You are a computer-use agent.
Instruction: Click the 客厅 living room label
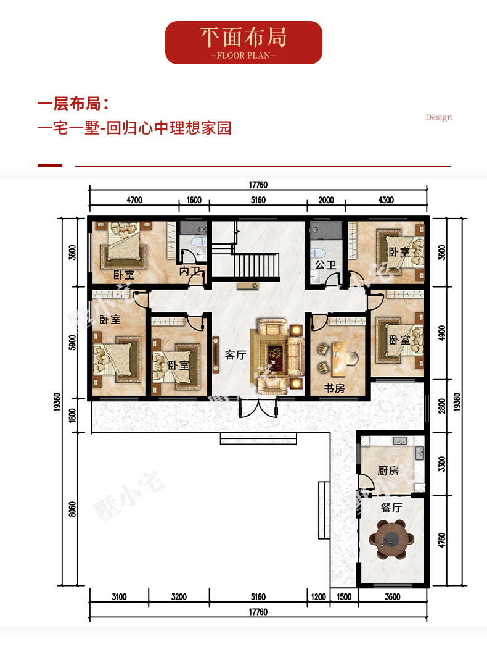tap(235, 354)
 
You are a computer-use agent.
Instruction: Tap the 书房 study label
tap(334, 388)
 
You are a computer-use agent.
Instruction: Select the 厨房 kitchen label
tap(388, 470)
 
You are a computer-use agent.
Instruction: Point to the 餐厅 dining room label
tap(391, 508)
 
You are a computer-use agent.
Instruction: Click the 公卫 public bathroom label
tap(325, 265)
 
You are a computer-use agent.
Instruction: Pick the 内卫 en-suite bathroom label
tap(190, 271)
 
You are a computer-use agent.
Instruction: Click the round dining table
tap(391, 539)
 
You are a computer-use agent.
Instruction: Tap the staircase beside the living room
tap(256, 266)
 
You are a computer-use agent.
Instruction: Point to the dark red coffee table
tap(275, 357)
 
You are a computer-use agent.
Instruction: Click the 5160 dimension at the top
tap(258, 200)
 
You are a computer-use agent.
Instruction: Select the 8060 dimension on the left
tap(72, 509)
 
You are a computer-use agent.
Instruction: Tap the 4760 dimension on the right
tap(441, 540)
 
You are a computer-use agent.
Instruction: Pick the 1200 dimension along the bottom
tap(319, 596)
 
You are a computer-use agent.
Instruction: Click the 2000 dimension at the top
tap(326, 200)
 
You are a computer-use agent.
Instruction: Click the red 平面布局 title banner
tap(243, 43)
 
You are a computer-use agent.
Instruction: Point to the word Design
tap(439, 117)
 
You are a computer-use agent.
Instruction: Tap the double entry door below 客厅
tap(258, 408)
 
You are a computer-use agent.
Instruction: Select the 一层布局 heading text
tap(73, 104)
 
